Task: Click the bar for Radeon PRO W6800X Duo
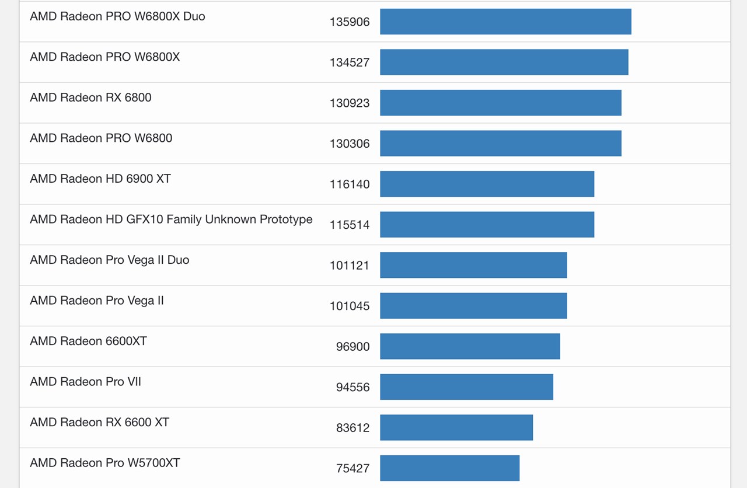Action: click(x=505, y=22)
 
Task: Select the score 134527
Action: click(x=350, y=62)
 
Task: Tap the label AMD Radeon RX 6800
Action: click(x=90, y=97)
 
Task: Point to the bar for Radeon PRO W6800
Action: click(x=500, y=143)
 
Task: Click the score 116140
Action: click(x=350, y=184)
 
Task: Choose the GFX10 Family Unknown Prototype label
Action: click(x=171, y=219)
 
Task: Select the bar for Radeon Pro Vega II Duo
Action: click(x=473, y=265)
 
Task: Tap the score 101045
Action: click(x=350, y=306)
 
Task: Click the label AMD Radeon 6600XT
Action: click(x=88, y=341)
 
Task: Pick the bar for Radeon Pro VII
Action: click(x=466, y=387)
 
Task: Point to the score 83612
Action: click(x=352, y=428)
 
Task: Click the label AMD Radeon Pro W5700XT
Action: click(x=105, y=463)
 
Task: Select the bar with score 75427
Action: click(x=449, y=468)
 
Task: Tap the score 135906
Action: click(x=350, y=22)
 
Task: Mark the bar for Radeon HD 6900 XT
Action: click(x=487, y=184)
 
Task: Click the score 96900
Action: click(x=352, y=347)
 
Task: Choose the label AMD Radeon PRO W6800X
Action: click(x=105, y=57)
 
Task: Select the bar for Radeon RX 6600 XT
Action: click(x=456, y=427)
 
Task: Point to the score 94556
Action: click(x=352, y=387)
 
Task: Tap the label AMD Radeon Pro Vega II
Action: click(x=97, y=301)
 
